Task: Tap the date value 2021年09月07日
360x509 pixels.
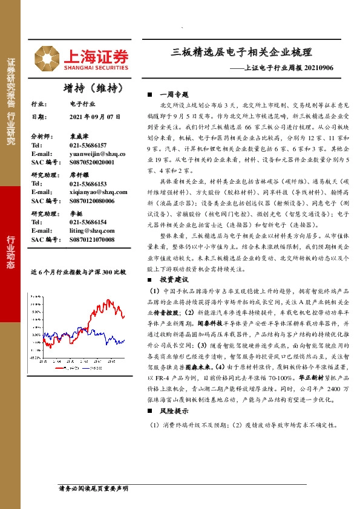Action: coord(96,117)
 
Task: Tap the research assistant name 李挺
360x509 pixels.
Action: coord(76,213)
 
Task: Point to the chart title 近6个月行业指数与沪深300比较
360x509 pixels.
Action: coord(79,273)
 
